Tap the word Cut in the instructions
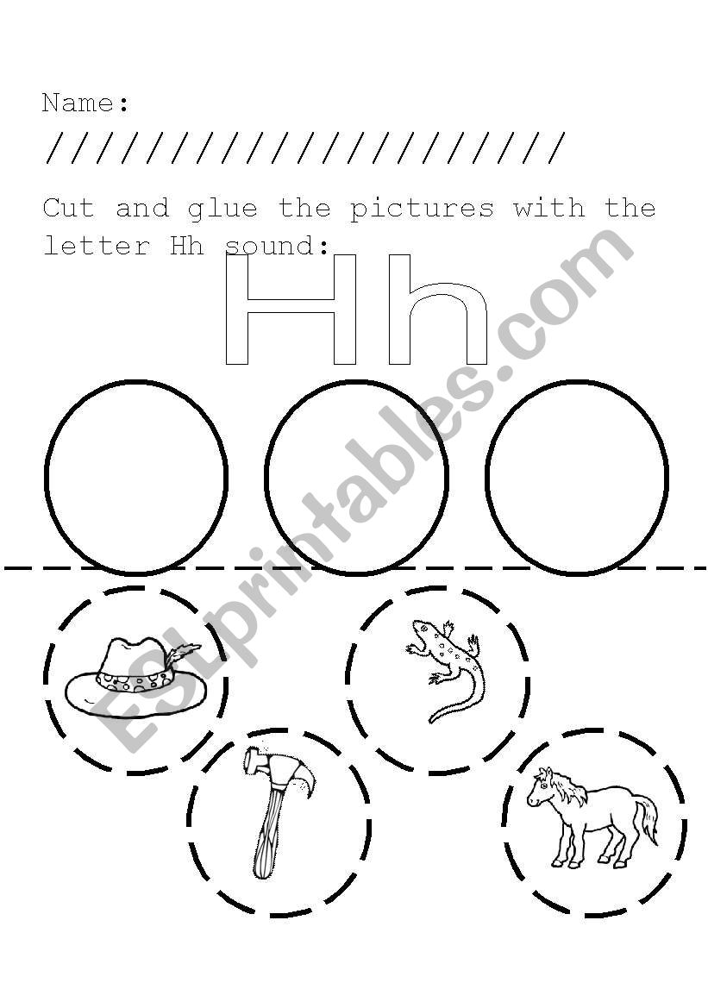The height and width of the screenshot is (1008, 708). coord(69,209)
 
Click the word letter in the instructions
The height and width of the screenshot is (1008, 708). coord(97,246)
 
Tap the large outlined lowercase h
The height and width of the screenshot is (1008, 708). coord(437,310)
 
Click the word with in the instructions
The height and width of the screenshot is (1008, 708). coord(549,209)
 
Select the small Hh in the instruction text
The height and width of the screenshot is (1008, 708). coord(187,246)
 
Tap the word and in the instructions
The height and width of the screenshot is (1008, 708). coord(142,209)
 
